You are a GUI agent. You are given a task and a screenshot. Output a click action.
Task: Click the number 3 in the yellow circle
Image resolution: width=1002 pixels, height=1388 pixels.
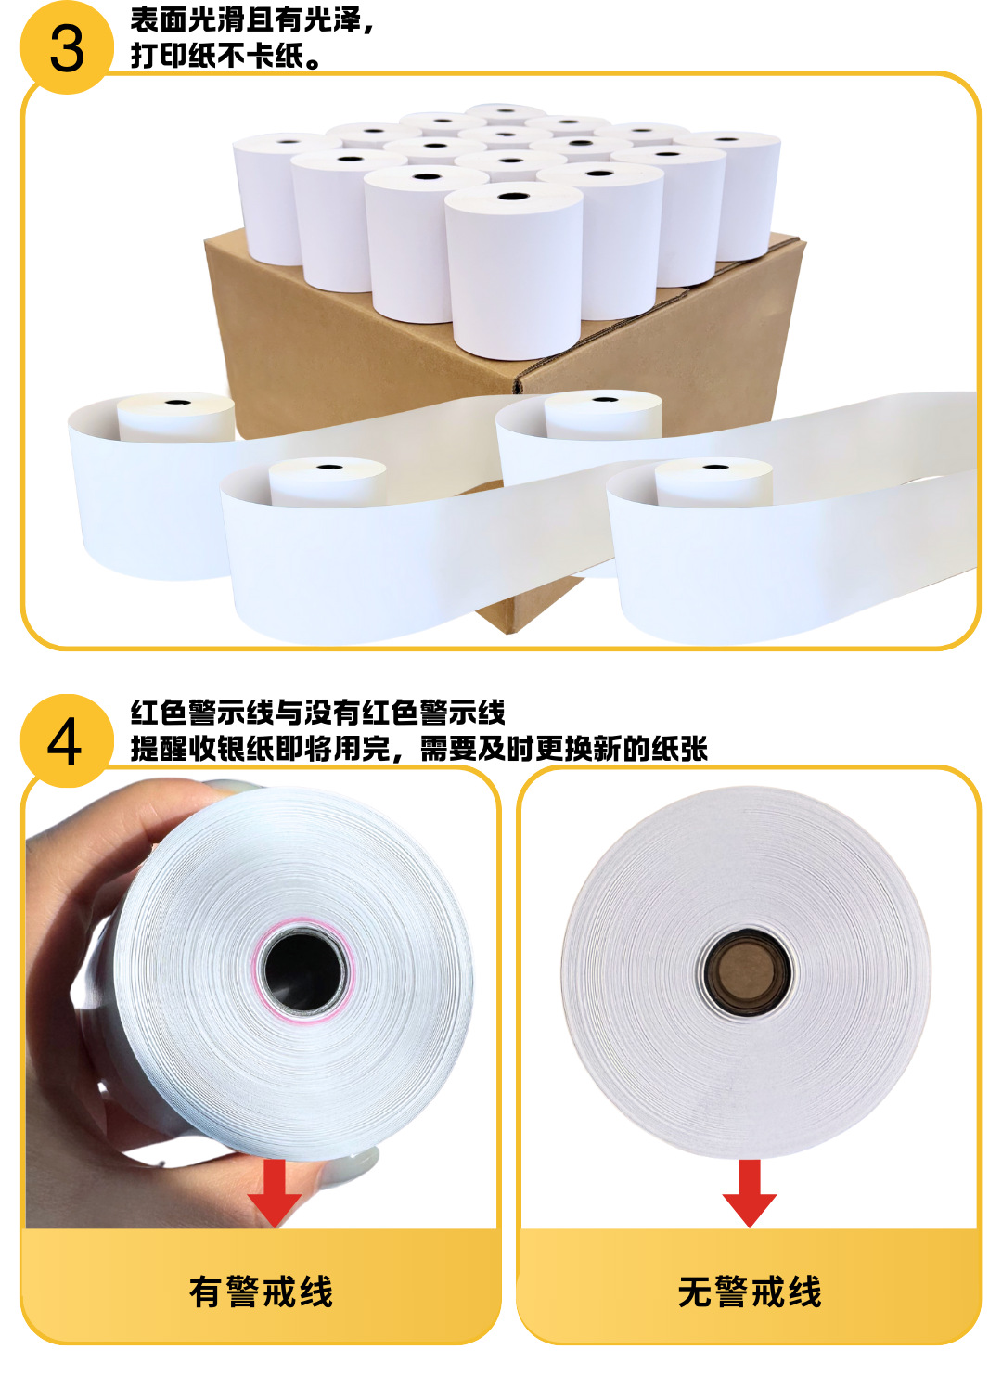click(x=66, y=48)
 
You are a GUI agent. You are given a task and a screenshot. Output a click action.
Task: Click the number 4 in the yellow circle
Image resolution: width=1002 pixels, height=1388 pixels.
click(x=65, y=742)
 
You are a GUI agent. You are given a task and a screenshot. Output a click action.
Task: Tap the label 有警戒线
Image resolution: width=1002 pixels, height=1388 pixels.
click(x=261, y=1292)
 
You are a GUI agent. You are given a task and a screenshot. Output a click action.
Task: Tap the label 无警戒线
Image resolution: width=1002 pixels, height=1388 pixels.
click(x=750, y=1292)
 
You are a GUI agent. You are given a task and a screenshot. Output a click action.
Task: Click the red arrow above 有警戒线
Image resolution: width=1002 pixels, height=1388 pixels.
click(x=275, y=1193)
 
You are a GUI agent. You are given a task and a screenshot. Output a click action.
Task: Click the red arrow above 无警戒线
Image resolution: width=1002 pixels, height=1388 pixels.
click(x=749, y=1193)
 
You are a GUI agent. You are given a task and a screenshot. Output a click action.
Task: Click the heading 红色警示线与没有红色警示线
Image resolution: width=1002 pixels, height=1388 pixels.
click(x=317, y=713)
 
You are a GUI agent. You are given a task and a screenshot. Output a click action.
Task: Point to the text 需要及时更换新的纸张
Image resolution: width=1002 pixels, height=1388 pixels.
click(x=564, y=748)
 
